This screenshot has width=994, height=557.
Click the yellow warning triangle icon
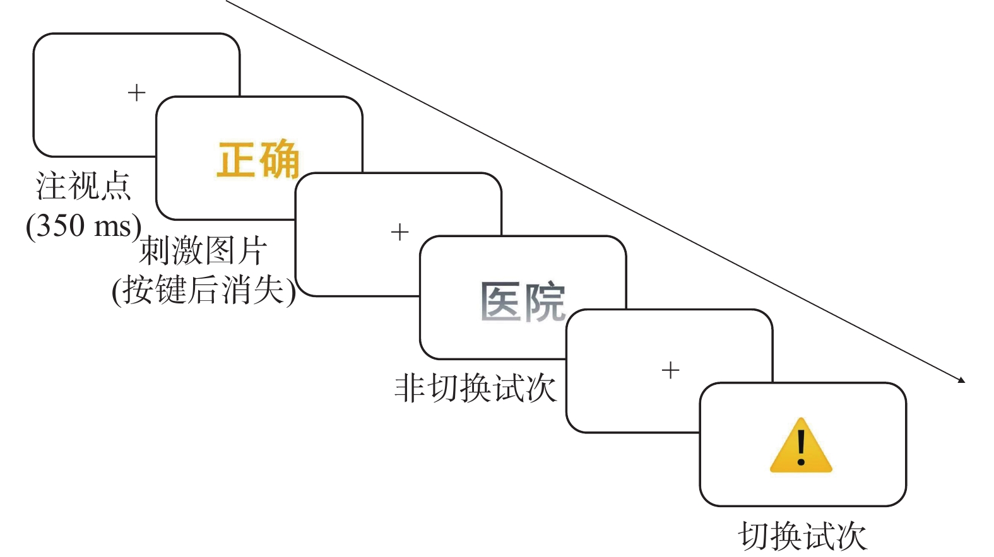[x=801, y=447]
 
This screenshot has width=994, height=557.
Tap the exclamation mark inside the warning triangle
[x=801, y=447]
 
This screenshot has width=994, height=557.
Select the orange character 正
[x=235, y=159]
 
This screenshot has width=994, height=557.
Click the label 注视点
[x=83, y=186]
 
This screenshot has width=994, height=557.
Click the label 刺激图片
[x=203, y=251]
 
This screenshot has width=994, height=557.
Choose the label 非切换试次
[x=475, y=387]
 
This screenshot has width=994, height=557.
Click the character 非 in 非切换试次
[x=409, y=387]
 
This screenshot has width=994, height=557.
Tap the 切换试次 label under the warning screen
[x=802, y=536]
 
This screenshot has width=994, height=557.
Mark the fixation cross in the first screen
[x=136, y=93]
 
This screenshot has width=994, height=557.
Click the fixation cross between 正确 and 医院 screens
[x=399, y=232]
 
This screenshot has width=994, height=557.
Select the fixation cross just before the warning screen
[x=670, y=370]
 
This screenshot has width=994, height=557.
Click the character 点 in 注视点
[x=115, y=186]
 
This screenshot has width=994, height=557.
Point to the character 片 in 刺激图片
[x=252, y=251]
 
